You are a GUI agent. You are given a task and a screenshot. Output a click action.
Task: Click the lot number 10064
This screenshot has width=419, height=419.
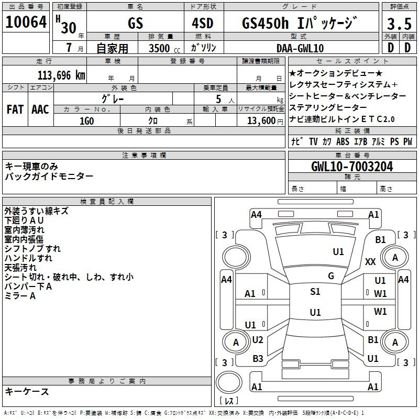[x=26, y=22]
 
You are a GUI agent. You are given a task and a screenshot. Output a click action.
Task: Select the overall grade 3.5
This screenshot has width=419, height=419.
[x=399, y=24]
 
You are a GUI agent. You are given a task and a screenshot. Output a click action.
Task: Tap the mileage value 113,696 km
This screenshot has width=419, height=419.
[x=61, y=75]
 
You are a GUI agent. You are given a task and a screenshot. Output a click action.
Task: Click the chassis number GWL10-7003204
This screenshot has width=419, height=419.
[x=352, y=167]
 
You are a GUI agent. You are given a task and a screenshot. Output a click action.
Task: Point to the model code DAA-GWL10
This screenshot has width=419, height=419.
[x=300, y=48]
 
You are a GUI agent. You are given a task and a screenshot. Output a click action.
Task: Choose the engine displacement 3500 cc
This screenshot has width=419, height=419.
[x=164, y=48]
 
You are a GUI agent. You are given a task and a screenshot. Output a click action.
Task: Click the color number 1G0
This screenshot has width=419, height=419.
[x=86, y=121]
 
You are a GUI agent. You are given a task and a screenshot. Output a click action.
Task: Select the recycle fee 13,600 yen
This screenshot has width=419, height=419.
[x=265, y=121]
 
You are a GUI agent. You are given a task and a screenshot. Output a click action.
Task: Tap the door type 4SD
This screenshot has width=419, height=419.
[x=203, y=23]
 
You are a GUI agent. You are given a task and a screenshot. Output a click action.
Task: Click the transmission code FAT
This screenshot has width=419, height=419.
[x=15, y=109]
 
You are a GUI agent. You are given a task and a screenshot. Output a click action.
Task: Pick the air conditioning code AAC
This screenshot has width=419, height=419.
[x=40, y=109]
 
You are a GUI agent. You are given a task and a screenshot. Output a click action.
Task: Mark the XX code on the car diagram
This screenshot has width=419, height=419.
[x=370, y=261]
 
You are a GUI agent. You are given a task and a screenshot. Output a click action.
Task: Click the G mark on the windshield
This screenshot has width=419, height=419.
[x=331, y=276]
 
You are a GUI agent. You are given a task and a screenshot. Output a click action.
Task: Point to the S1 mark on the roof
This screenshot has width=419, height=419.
[x=315, y=292]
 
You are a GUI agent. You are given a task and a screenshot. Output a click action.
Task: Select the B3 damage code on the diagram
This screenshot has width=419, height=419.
[x=258, y=359]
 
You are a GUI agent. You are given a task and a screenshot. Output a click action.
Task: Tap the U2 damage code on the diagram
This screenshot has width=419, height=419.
[x=258, y=340]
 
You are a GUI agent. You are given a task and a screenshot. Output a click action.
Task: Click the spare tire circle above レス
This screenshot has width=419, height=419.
[x=229, y=382]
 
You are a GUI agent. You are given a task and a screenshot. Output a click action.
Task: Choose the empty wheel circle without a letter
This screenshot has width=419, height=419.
[x=236, y=257]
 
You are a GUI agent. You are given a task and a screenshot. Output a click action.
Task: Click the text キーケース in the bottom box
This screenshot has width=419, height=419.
[x=27, y=391]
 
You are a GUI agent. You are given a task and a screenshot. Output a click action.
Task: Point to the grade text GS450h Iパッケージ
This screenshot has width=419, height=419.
[x=299, y=23]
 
